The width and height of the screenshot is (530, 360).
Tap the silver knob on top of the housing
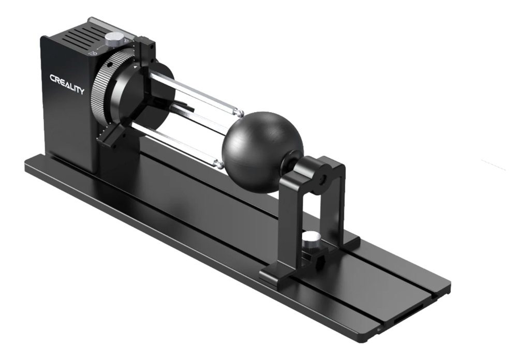pyautogui.click(x=114, y=38)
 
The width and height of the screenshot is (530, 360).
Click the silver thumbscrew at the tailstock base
pyautogui.click(x=311, y=238)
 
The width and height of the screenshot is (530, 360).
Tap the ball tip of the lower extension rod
pyautogui.click(x=219, y=164)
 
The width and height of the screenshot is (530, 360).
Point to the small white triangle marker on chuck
pyautogui.click(x=136, y=67)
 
